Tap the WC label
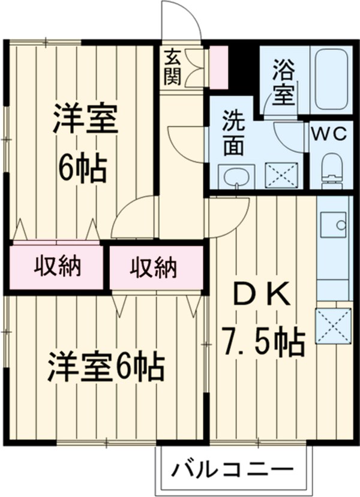328,134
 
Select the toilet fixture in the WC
331,170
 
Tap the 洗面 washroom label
234,133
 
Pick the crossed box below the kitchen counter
333,326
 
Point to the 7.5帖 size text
263,342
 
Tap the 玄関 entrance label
172,67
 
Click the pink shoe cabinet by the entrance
217,65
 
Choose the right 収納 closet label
154,267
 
